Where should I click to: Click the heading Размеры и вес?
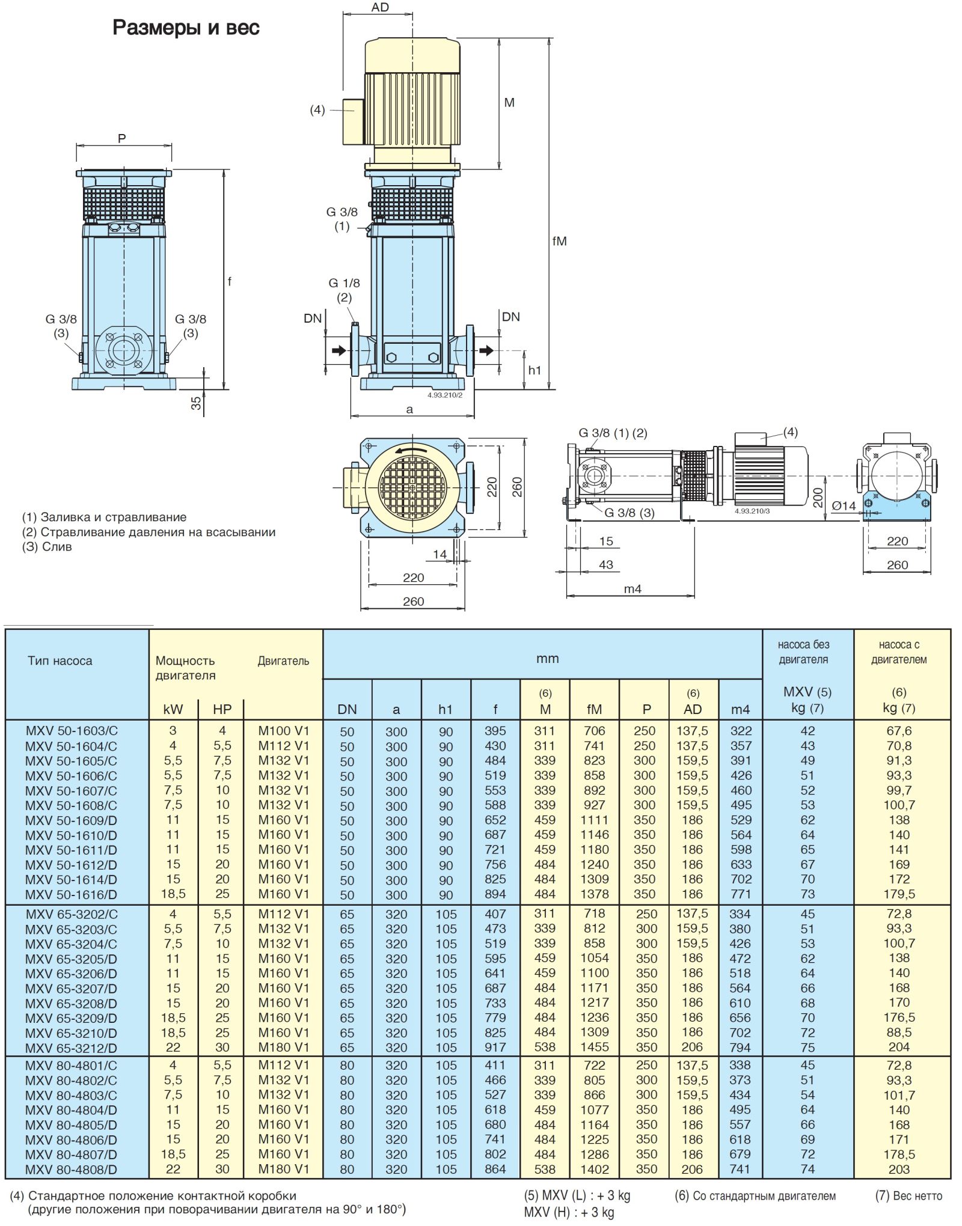(186, 28)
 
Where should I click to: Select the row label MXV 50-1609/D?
(71, 820)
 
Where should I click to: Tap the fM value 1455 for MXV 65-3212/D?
(594, 1047)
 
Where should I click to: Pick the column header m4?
(740, 709)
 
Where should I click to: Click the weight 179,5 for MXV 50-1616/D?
(899, 894)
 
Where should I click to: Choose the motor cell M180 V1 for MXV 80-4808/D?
(283, 1169)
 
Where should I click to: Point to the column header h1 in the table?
(445, 709)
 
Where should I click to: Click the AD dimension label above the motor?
(380, 7)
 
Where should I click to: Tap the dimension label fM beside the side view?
(559, 241)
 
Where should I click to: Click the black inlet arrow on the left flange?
(339, 350)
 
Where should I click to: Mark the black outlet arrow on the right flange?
(486, 350)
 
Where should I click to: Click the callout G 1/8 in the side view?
(344, 283)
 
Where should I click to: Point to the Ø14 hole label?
(844, 506)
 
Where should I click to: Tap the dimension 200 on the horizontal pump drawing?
(818, 497)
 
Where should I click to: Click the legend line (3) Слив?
(47, 547)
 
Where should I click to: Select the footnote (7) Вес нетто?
(908, 1196)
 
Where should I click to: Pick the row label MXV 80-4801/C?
(71, 1065)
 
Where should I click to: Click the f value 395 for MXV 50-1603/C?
(495, 731)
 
